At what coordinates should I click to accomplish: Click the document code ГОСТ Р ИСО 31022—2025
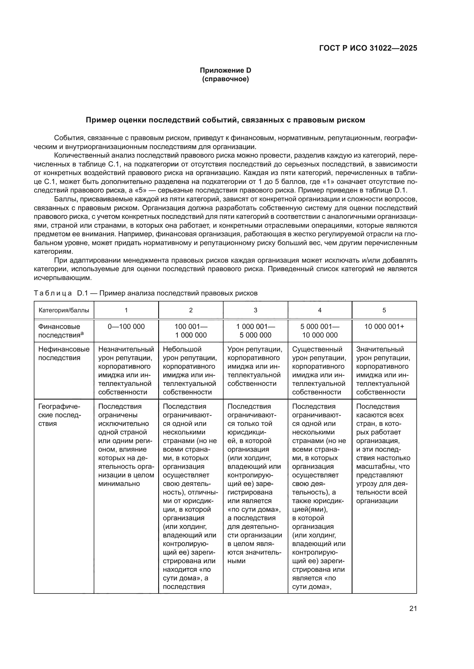(x=368, y=48)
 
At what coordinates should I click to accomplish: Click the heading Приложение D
(x=225, y=70)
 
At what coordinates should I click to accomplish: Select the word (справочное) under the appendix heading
(x=225, y=79)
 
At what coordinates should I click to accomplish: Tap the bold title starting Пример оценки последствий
(x=225, y=120)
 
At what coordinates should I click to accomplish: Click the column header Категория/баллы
(x=64, y=310)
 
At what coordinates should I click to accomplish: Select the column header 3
(x=255, y=310)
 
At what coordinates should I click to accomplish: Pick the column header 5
(x=384, y=310)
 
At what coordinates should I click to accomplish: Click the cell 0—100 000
(x=126, y=327)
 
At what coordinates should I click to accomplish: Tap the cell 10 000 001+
(x=384, y=327)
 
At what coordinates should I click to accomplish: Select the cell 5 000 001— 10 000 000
(x=320, y=331)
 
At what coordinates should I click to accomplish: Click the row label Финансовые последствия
(x=59, y=331)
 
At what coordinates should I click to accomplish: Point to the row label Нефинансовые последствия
(x=64, y=353)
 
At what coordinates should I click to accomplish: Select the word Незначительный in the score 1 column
(x=126, y=349)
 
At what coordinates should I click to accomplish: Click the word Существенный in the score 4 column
(x=317, y=349)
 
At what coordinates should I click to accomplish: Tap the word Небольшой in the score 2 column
(x=178, y=349)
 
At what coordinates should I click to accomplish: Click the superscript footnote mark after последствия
(x=82, y=333)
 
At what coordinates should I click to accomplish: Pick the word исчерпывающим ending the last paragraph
(x=62, y=278)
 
